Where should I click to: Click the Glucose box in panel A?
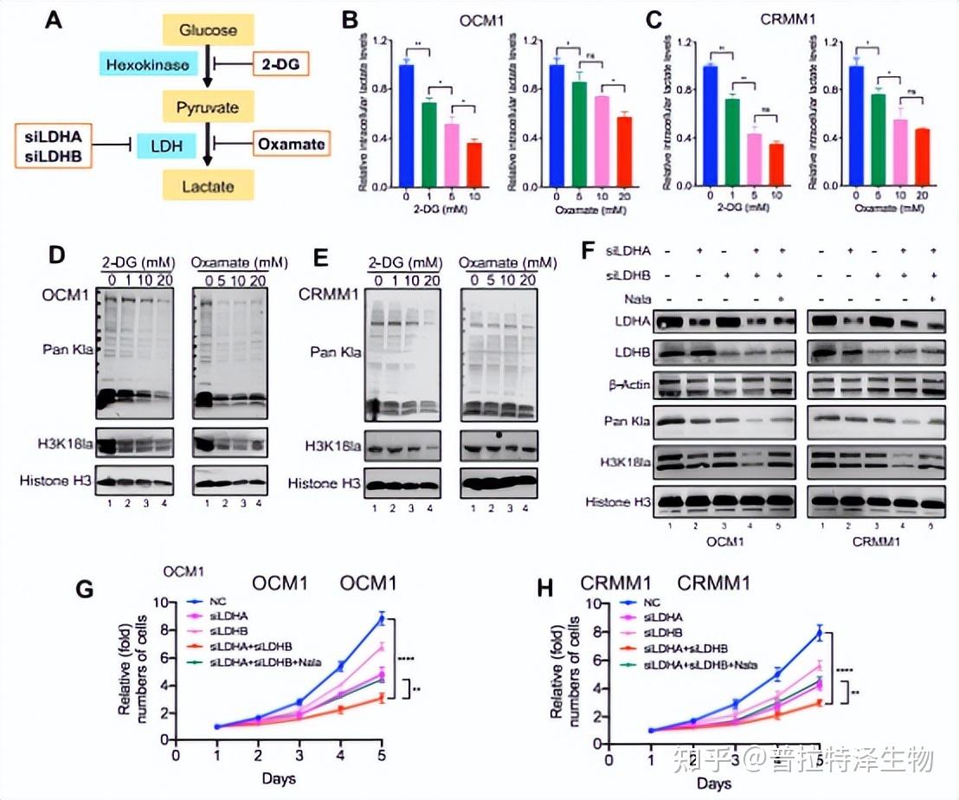208,30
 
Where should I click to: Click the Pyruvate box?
208,108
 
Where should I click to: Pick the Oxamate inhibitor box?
292,145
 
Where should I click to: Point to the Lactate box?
208,184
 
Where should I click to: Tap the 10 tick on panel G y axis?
158,600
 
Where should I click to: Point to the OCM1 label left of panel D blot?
64,295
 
